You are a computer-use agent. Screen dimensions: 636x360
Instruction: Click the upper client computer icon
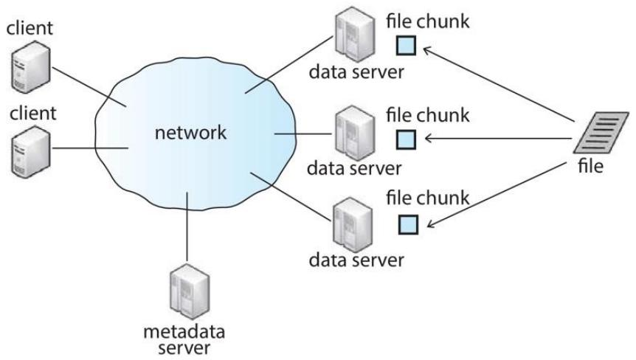[30, 67]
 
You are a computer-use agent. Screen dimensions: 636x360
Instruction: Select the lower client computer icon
[30, 152]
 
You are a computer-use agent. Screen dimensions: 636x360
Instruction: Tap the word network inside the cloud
[190, 133]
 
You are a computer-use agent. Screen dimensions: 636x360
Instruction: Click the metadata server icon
[190, 291]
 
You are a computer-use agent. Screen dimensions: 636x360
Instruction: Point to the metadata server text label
[184, 340]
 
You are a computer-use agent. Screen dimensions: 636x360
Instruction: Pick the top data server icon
[354, 35]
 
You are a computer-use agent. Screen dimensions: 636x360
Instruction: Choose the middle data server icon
[354, 133]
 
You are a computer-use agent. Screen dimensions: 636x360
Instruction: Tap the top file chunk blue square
[406, 46]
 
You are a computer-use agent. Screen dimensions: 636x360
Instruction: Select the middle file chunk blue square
[406, 139]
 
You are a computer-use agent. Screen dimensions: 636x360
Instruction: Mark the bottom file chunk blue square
[408, 224]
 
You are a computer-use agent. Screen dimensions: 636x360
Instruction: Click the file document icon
[601, 133]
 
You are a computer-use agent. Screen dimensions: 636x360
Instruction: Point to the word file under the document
[590, 166]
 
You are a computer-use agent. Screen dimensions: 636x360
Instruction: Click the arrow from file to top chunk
[499, 85]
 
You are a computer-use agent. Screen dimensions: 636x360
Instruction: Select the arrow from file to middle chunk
[498, 139]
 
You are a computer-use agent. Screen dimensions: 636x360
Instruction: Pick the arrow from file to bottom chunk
[497, 195]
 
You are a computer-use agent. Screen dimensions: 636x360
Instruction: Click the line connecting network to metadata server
[187, 226]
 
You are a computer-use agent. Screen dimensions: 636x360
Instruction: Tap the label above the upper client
[30, 28]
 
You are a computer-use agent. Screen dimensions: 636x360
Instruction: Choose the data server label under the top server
[356, 72]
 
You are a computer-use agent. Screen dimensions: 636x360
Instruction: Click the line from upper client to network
[89, 87]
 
